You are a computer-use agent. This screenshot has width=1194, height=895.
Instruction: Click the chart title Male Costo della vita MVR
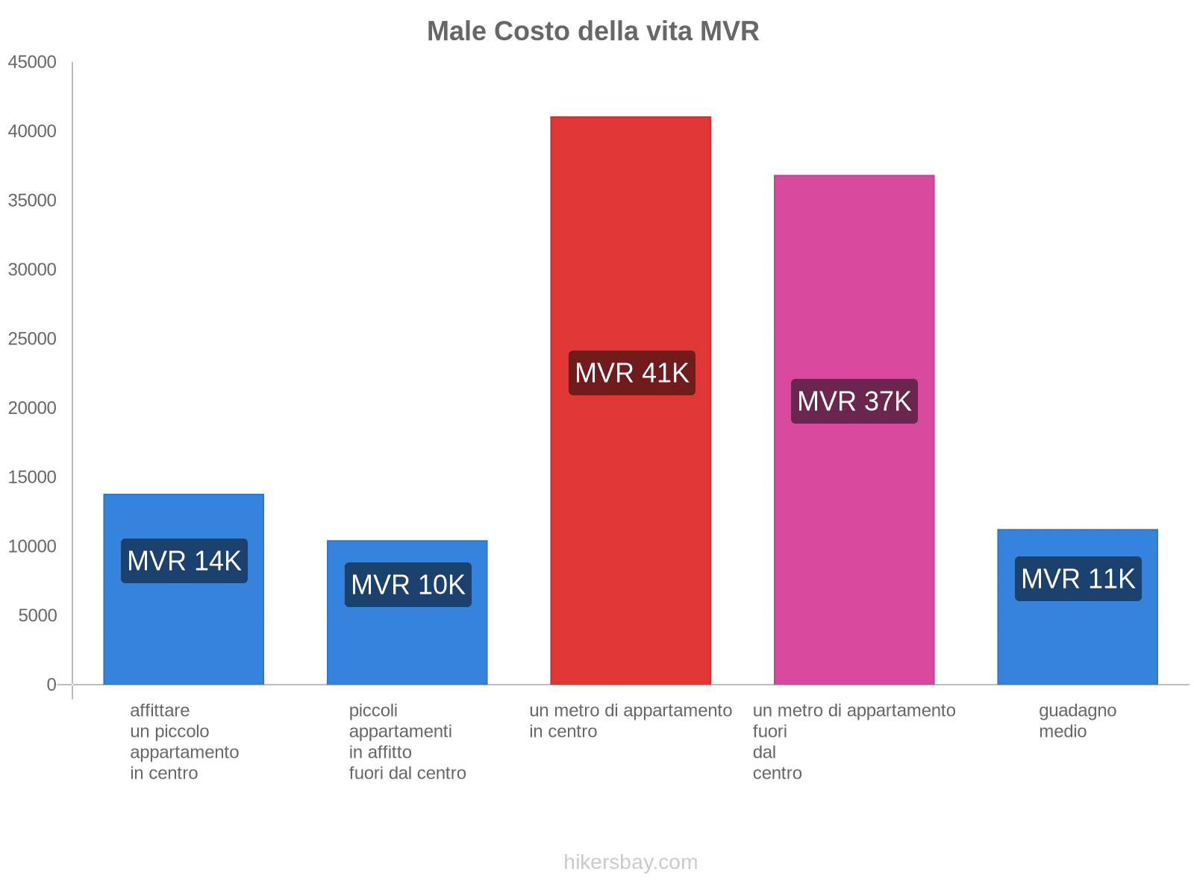593,31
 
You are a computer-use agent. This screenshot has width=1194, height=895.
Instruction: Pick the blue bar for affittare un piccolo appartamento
184,634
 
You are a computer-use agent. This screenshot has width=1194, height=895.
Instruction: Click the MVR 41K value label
631,373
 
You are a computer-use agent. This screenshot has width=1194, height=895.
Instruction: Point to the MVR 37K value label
854,401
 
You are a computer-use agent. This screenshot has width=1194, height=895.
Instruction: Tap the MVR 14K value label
184,561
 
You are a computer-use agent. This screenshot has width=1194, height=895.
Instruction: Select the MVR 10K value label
407,585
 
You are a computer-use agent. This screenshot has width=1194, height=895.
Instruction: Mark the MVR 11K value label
1078,579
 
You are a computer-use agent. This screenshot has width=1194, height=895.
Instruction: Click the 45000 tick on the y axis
32,63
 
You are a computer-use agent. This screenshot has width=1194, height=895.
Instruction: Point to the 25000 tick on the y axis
32,339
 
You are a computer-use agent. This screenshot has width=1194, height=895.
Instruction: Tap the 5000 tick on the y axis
37,616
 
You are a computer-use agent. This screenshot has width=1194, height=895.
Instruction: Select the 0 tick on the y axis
51,685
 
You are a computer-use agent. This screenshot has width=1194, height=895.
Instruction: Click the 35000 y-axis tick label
32,201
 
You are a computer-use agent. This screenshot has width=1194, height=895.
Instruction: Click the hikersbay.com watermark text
631,862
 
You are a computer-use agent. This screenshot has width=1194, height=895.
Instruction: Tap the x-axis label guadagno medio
1077,720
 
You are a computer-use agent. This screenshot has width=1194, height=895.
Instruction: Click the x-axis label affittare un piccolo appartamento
184,741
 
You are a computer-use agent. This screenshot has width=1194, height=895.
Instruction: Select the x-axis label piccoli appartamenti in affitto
407,741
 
